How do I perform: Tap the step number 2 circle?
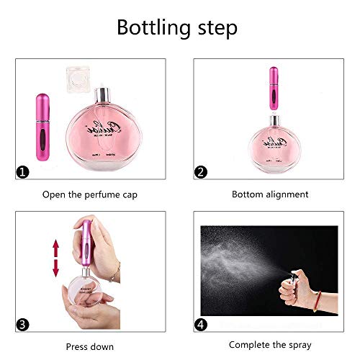202,171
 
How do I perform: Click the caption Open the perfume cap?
90,194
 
